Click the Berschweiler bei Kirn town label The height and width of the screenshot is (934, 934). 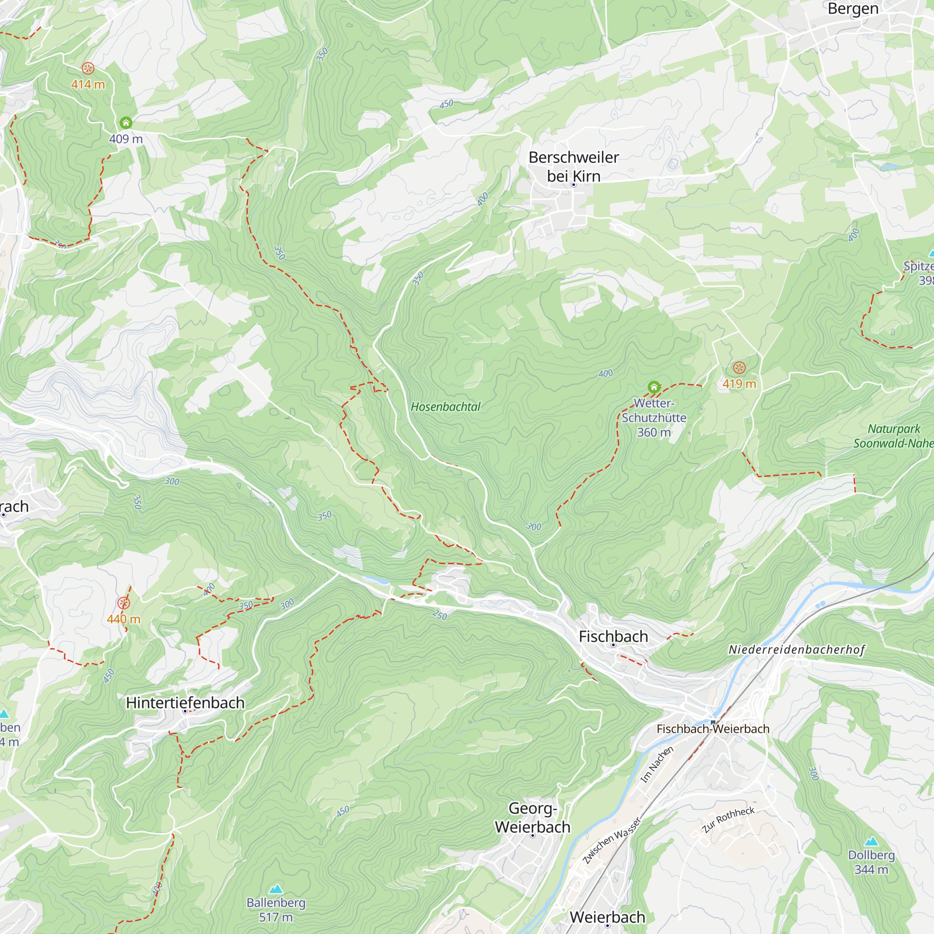tap(573, 167)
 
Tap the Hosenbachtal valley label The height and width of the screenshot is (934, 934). tap(445, 407)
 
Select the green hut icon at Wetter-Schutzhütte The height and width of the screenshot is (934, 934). tap(654, 387)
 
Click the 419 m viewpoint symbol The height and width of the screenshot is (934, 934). tap(739, 368)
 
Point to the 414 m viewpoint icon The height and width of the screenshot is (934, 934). tap(87, 68)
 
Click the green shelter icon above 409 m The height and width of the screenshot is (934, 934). tap(126, 123)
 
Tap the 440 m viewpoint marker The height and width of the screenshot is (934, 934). tap(123, 603)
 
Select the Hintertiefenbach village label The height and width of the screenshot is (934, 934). tap(185, 702)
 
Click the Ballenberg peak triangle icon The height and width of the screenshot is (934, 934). tap(276, 889)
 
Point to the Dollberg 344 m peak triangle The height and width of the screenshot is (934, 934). tap(871, 841)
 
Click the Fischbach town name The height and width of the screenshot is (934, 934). tap(613, 637)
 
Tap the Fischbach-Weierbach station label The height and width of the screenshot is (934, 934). tap(713, 729)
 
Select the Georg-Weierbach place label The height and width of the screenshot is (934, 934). tap(532, 818)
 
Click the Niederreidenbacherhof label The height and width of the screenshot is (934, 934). tap(796, 650)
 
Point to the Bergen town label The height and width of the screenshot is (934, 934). tap(853, 9)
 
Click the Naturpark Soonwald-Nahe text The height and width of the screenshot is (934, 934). tap(893, 436)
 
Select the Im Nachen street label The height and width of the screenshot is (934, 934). tap(657, 764)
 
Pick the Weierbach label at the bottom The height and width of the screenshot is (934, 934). tap(607, 917)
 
